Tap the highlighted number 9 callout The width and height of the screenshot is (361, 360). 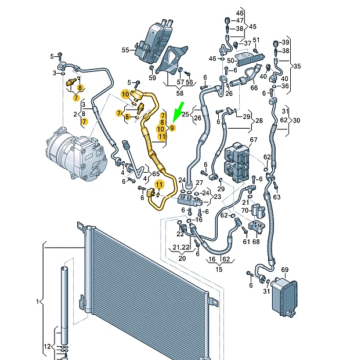coord(172,128)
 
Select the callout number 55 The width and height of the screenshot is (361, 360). coord(125,50)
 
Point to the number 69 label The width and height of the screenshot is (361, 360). coord(285,270)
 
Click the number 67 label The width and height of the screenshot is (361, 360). coord(253,140)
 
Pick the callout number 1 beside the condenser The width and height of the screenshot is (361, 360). coord(37,301)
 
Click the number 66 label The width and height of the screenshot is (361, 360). coord(254,88)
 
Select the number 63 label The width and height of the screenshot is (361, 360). coord(277,197)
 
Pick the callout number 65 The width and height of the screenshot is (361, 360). coord(156,173)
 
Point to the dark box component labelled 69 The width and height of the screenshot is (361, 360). coord(284,296)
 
